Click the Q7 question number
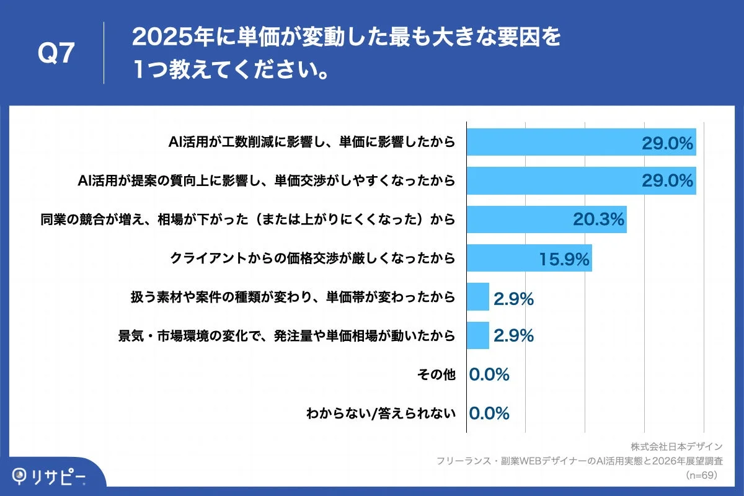point(56,54)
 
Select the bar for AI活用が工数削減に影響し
point(581,142)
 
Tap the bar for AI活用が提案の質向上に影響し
point(581,180)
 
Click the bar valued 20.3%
point(546,219)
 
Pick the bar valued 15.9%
point(529,258)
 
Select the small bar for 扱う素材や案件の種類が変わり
point(477,297)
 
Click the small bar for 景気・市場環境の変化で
point(477,335)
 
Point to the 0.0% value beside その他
point(489,374)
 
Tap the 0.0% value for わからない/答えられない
point(489,413)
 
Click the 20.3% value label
point(598,220)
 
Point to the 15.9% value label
point(564,259)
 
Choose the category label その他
point(437,374)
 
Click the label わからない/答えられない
point(381,413)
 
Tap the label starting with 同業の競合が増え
point(248,219)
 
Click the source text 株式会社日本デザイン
point(676,446)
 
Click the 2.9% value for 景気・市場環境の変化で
point(514,336)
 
